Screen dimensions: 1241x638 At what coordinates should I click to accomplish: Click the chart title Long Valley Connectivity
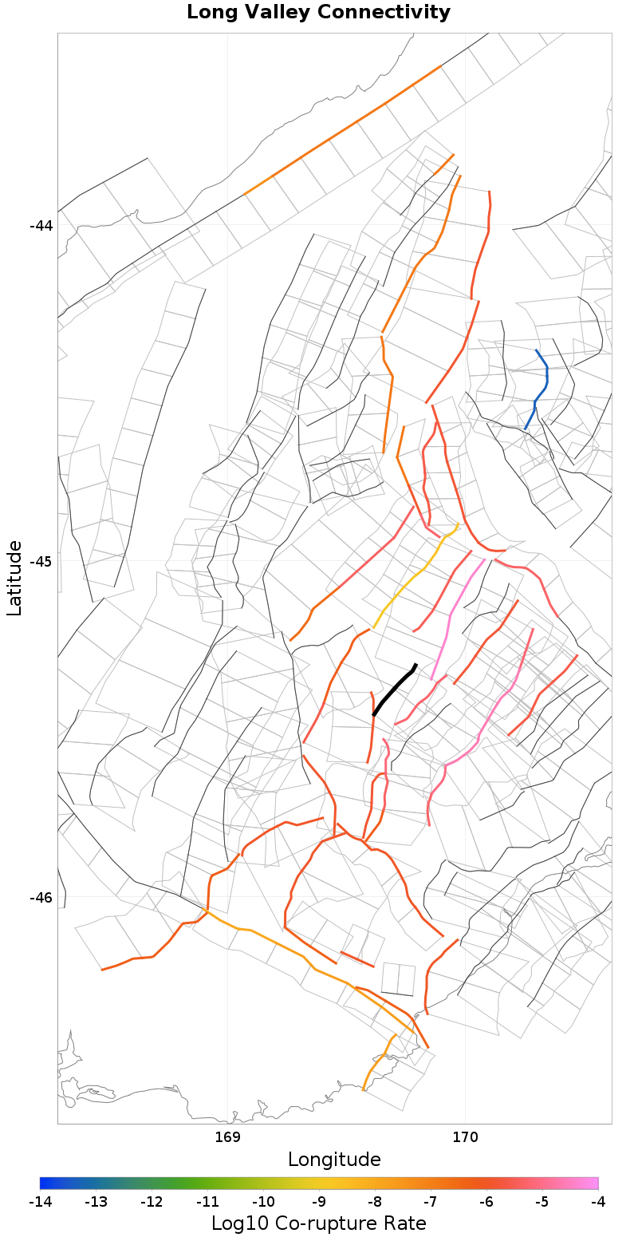coord(318,13)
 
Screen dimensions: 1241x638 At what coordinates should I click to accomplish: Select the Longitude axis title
coord(334,1159)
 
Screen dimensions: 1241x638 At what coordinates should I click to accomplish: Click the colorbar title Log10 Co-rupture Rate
coord(318,1223)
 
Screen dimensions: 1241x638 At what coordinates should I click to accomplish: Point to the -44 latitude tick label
coord(41,226)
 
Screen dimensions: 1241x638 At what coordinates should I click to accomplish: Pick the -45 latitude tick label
coord(41,561)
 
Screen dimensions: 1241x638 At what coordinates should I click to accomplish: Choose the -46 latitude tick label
coord(41,898)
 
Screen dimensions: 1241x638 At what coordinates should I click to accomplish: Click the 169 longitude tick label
coord(228,1136)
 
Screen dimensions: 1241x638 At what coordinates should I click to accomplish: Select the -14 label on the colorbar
coord(40,1202)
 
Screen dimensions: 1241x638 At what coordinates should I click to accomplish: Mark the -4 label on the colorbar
coord(597,1202)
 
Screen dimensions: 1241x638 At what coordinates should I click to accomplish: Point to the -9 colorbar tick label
coord(319,1202)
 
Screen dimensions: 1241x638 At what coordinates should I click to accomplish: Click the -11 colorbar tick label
coord(207,1202)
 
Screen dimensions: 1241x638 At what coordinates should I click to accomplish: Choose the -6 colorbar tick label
coord(486,1202)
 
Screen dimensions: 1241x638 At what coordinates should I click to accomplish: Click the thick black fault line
coord(394,690)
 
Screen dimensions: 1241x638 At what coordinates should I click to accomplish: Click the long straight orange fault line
coord(343,130)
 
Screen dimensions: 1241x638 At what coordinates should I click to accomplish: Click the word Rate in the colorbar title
coord(404,1223)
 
